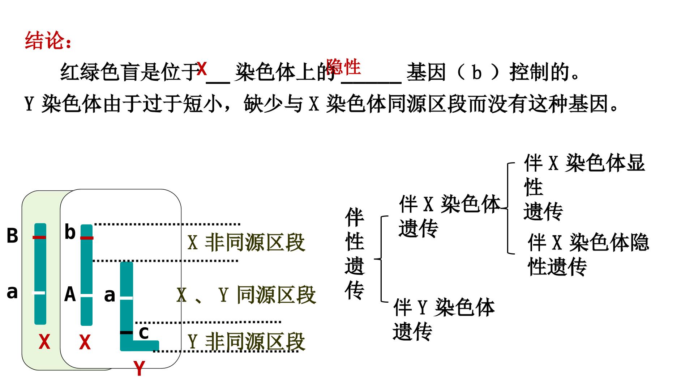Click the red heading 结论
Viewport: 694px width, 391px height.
tap(48, 40)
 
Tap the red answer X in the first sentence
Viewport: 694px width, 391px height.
tap(202, 69)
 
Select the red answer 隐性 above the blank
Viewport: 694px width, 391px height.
tap(343, 67)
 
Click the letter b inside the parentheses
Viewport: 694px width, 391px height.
tap(477, 72)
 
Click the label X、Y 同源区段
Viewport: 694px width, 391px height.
tap(246, 295)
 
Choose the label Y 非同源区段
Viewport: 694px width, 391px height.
tap(246, 341)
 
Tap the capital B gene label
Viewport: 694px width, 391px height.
tap(12, 236)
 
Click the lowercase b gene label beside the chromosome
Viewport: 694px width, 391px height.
tap(70, 232)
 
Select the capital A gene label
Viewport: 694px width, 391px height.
tap(70, 294)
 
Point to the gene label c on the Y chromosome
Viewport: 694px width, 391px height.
tap(143, 333)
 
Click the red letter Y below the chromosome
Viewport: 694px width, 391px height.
tap(139, 369)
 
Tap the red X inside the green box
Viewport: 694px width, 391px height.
tap(44, 342)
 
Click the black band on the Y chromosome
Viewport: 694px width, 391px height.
tap(127, 332)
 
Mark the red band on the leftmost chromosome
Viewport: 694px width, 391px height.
tap(39, 237)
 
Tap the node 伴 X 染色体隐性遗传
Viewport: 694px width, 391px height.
tap(588, 255)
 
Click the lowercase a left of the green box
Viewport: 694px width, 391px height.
tap(12, 292)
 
